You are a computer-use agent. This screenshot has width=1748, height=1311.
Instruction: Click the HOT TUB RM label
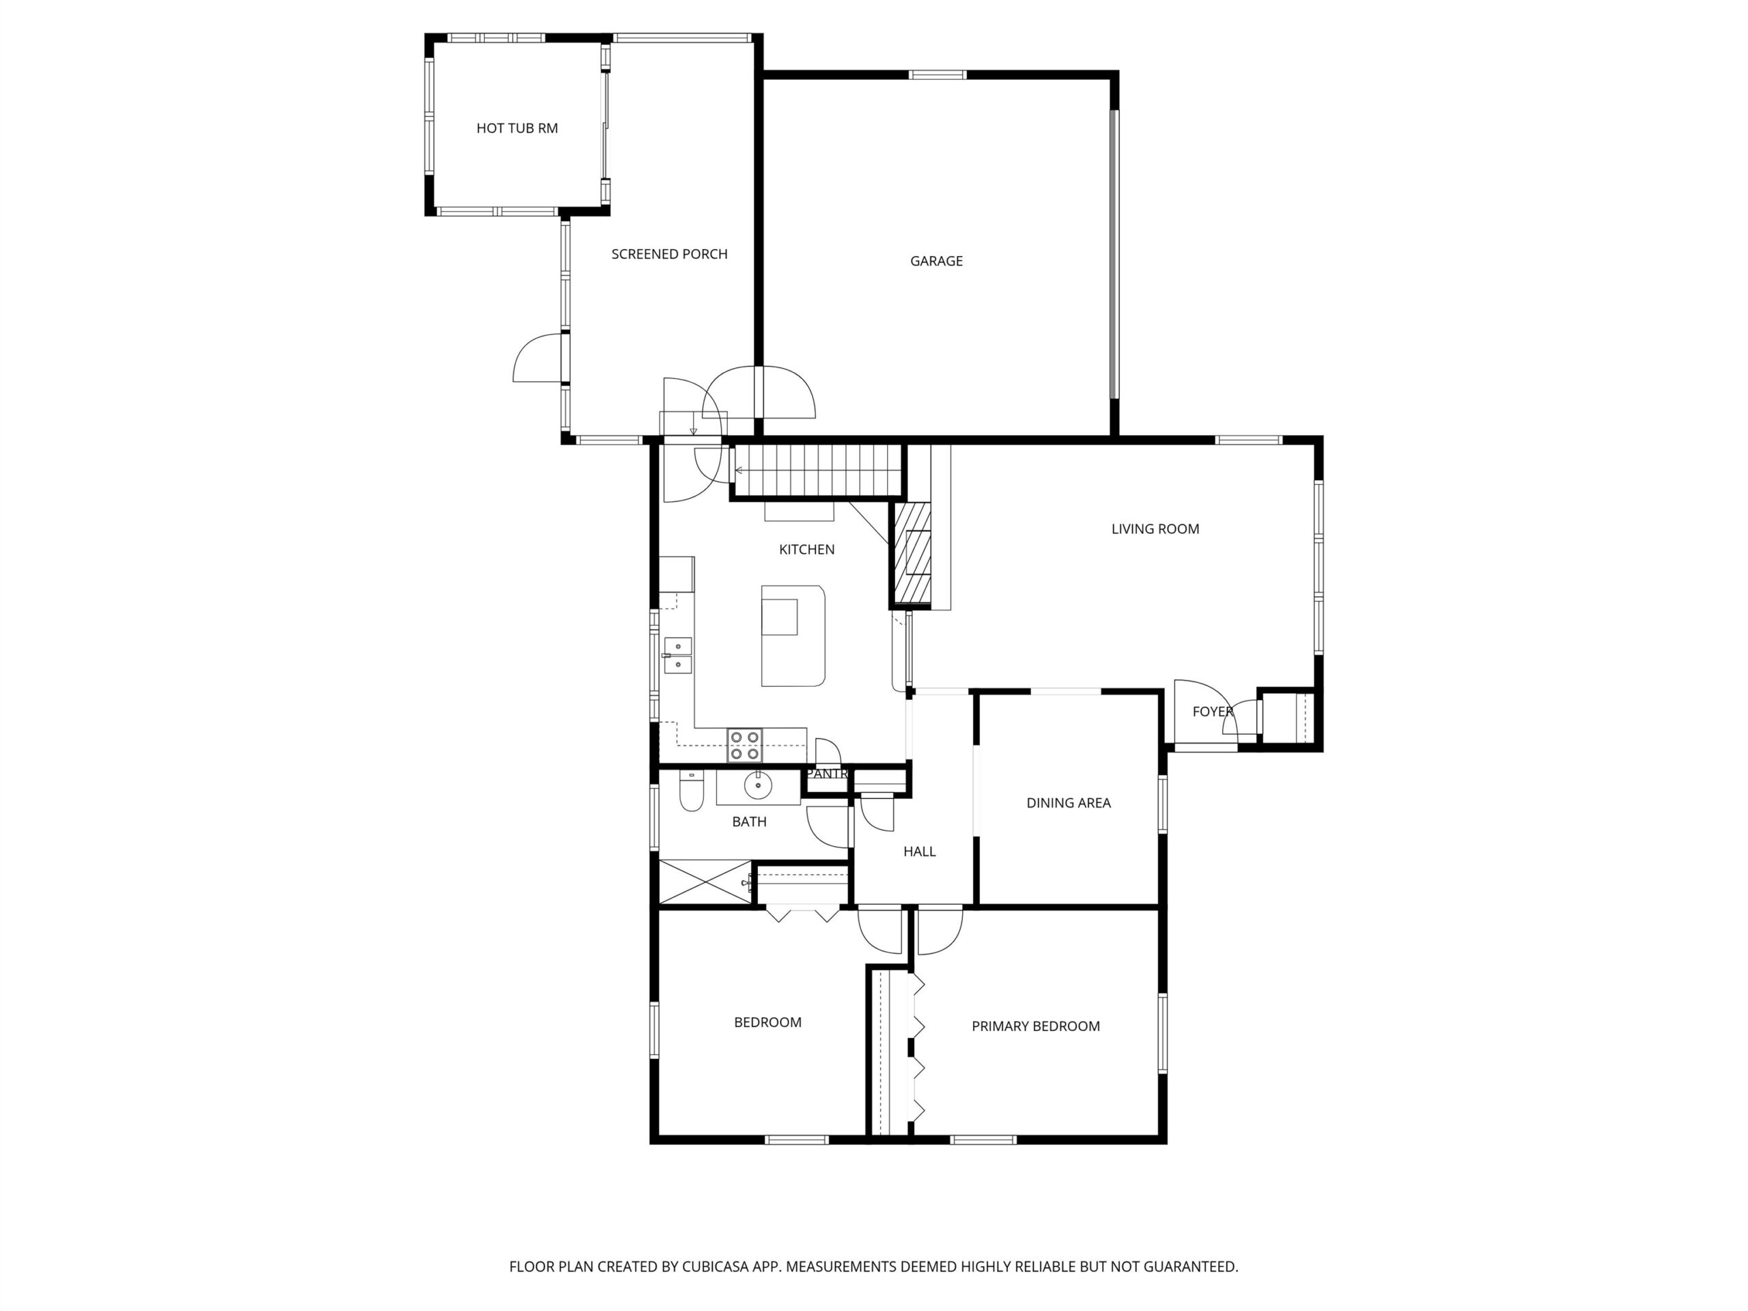(x=517, y=128)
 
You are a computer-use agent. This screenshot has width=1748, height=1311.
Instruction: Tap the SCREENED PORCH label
(x=669, y=254)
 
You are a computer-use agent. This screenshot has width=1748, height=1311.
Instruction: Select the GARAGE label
(x=936, y=261)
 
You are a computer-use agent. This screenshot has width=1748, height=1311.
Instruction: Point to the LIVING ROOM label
(x=1155, y=528)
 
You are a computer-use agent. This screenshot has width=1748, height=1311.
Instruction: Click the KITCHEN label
(x=807, y=549)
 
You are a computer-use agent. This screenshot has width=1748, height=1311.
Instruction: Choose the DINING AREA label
(x=1069, y=803)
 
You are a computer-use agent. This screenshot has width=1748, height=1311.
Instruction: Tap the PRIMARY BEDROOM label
(x=1035, y=1026)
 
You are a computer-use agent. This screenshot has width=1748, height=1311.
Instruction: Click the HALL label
(x=919, y=851)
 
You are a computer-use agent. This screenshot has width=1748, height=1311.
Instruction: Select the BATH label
(x=749, y=822)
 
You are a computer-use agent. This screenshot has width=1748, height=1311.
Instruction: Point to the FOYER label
(x=1213, y=712)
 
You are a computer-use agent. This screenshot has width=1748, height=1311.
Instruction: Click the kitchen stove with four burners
(x=745, y=745)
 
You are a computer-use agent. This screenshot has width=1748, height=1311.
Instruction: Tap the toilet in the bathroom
(x=692, y=790)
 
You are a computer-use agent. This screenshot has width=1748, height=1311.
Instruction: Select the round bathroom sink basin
(x=758, y=785)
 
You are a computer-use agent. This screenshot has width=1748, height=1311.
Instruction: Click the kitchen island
(x=793, y=635)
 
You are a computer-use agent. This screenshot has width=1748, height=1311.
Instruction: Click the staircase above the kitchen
(x=818, y=469)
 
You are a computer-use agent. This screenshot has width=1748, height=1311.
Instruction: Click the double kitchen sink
(x=677, y=655)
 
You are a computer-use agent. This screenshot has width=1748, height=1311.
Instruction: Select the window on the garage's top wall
(x=938, y=75)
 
